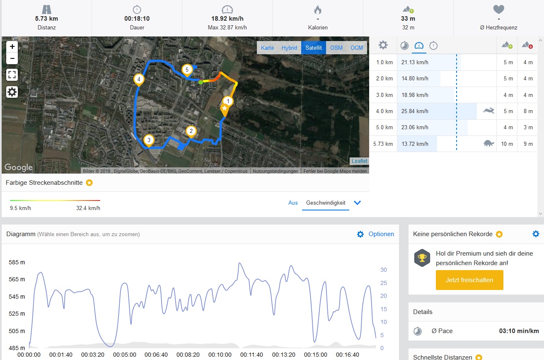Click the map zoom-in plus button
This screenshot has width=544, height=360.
[x=12, y=46]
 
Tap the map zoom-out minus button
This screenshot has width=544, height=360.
[x=12, y=58]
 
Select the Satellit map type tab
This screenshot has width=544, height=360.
[x=314, y=48]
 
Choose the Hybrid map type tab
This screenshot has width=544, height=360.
[x=289, y=48]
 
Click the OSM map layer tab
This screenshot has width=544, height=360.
[x=336, y=48]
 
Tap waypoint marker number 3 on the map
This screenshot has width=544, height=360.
[x=149, y=140]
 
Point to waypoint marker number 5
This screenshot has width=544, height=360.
[x=187, y=70]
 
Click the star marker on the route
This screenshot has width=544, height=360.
[x=224, y=109]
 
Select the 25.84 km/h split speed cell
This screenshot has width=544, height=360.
[x=415, y=111]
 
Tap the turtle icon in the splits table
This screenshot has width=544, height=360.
[x=489, y=144]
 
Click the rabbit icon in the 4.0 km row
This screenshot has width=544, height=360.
[x=488, y=111]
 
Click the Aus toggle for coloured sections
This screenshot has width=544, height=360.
[x=293, y=203]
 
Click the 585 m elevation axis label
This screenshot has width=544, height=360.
[x=17, y=262]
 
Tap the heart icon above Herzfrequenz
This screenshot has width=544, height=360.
[x=498, y=10]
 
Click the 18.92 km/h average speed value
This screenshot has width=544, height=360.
[x=227, y=19]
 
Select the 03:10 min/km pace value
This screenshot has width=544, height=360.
[x=519, y=331]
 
